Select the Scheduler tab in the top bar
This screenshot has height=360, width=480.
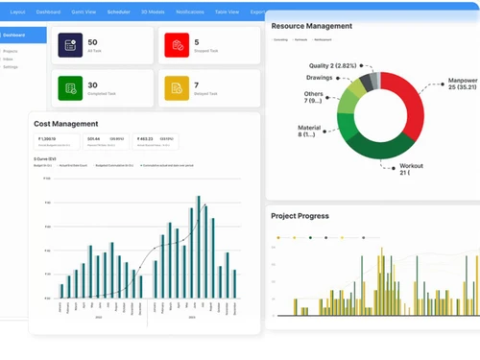coord(119,12)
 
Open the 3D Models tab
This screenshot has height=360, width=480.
coord(152,12)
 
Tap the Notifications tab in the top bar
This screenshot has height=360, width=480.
coord(190,12)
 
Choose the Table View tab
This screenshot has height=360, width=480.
coord(227,12)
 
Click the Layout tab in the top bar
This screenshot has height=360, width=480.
coord(17,12)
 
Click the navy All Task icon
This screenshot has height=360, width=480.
coord(69,45)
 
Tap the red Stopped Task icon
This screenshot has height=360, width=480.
coord(175,45)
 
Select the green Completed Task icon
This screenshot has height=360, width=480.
coord(69,88)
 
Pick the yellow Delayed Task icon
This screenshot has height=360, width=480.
coord(175,88)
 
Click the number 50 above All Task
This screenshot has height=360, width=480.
coord(92,42)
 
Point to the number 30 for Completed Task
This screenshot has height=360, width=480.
coord(92,84)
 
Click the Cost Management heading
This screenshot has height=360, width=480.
coord(65,124)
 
